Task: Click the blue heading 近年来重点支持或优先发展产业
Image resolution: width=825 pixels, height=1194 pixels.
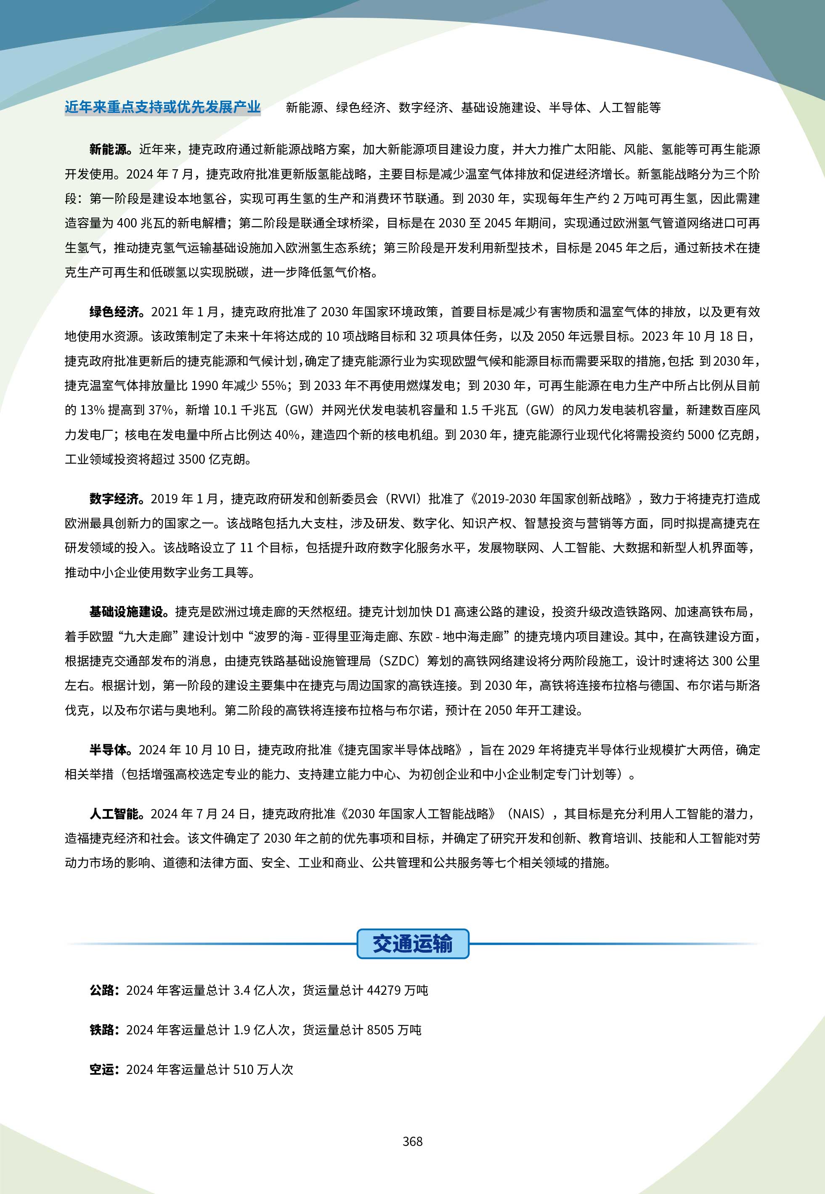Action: (x=162, y=107)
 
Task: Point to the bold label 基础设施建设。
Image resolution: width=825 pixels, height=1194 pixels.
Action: (x=129, y=612)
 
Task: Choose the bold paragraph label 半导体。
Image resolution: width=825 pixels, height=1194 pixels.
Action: (x=111, y=750)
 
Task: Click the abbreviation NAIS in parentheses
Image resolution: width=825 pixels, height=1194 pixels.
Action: (x=527, y=814)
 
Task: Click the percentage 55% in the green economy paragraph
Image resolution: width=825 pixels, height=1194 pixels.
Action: (x=274, y=385)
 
